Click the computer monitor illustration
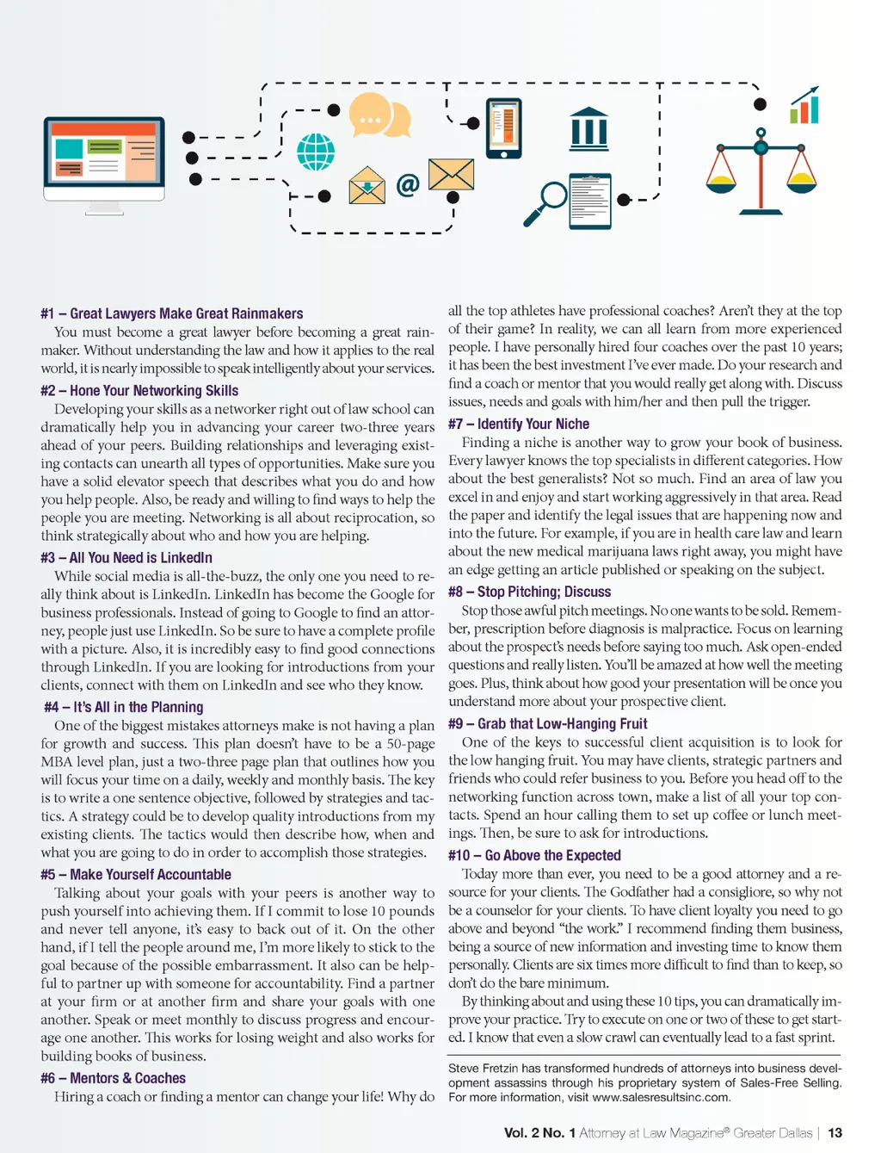click(104, 158)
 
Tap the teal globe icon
click(316, 152)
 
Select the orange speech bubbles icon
click(379, 116)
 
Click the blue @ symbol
click(408, 184)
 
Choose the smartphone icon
click(504, 128)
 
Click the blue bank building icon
click(589, 129)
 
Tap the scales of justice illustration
click(761, 171)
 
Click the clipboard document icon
click(590, 201)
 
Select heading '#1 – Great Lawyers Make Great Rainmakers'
click(172, 313)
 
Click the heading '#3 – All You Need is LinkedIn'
click(126, 558)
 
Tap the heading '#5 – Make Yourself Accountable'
click(136, 875)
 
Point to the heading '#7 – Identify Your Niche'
click(519, 425)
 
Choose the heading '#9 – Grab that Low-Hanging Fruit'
click(548, 724)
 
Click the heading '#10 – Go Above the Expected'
click(534, 856)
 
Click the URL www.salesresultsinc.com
click(660, 1098)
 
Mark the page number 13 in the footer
click(835, 1133)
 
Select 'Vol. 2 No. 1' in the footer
click(539, 1133)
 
